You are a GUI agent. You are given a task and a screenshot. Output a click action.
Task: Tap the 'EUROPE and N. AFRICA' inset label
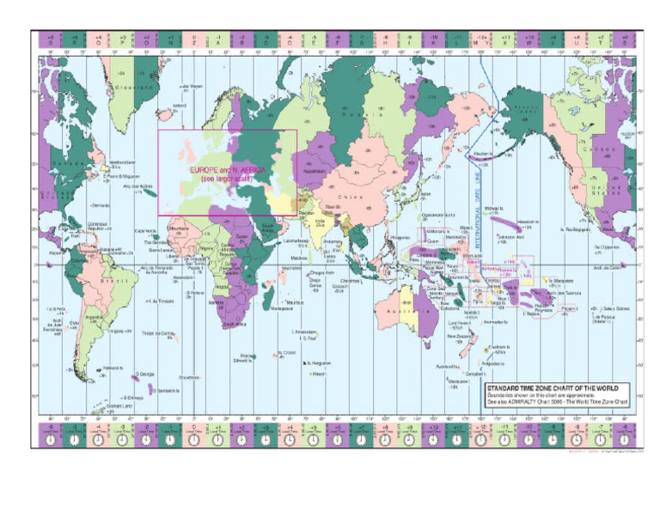point(226,170)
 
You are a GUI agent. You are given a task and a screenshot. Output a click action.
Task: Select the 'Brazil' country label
point(110,281)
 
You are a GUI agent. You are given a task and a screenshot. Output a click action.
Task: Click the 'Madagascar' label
point(284,309)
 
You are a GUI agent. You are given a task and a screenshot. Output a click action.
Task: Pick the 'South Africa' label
point(235,325)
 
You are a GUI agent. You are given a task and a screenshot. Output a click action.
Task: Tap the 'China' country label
point(362,198)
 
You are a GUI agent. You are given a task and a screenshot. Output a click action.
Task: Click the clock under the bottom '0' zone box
point(194,439)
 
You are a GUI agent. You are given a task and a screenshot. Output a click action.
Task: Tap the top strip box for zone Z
point(194,39)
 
